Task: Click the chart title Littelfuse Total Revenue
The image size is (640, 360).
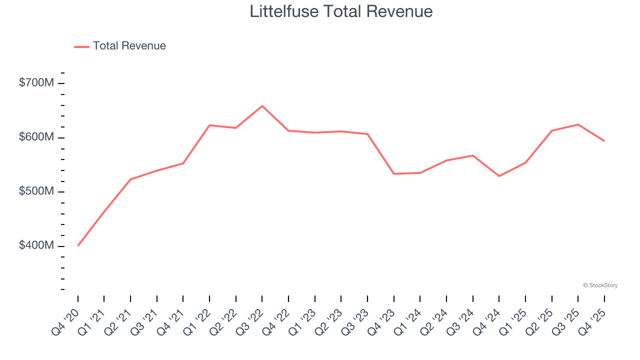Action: tap(341, 11)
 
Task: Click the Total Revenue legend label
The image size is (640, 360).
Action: tap(129, 46)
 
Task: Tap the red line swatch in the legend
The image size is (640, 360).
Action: tap(81, 46)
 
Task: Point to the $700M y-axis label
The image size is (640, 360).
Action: tap(36, 83)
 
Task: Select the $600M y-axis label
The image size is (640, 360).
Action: tap(36, 137)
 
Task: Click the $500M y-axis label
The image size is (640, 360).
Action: tap(36, 192)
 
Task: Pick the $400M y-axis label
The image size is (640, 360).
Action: tap(36, 246)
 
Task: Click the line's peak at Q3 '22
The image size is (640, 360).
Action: tap(262, 106)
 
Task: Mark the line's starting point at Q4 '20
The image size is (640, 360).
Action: tap(78, 245)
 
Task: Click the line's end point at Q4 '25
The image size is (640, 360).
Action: tap(604, 141)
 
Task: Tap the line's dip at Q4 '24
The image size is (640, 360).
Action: tap(499, 176)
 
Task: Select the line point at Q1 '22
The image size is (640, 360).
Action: tap(209, 125)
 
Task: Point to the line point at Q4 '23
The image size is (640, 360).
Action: tap(394, 173)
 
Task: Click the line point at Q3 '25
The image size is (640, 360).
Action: tap(578, 124)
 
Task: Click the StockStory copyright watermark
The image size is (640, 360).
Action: tap(600, 285)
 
